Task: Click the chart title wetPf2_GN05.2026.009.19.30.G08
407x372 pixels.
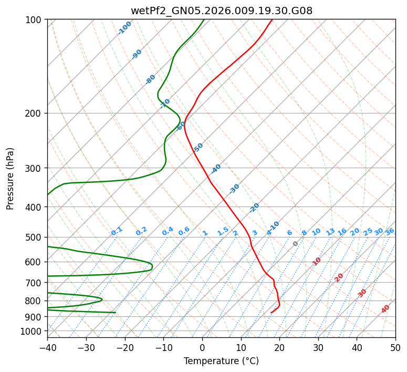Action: coord(221,11)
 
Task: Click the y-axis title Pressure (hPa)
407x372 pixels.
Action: coord(11,178)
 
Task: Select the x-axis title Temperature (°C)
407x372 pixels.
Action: coord(221,361)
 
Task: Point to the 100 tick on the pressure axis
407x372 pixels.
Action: coord(35,20)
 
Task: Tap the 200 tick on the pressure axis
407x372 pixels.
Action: coord(35,113)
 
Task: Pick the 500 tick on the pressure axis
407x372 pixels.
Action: coord(35,237)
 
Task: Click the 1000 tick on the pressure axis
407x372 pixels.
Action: coord(33,331)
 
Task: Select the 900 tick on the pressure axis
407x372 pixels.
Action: coord(35,317)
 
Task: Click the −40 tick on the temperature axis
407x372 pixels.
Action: coord(47,348)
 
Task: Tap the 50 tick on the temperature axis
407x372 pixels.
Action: coord(395,348)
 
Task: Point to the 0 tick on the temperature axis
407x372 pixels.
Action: coord(202,348)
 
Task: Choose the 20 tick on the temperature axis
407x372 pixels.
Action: coord(279,348)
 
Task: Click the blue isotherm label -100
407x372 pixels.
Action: coord(125,27)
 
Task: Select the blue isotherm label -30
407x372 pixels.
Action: coord(234,189)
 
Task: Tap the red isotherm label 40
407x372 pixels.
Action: coord(385,309)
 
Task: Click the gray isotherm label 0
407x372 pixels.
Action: coord(296,244)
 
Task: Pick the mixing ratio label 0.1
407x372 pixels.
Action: coord(117,231)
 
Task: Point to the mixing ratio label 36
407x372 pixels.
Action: coord(390,231)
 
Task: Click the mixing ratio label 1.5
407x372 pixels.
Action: coord(223,231)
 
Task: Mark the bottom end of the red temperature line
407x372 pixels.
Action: coord(271,313)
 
